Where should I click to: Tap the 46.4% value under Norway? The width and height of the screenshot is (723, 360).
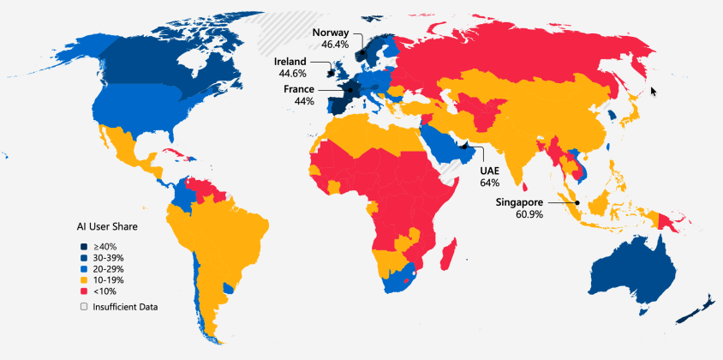pos(335,44)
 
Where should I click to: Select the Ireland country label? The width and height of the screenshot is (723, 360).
pos(290,62)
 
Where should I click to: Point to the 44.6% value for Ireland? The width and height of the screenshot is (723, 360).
pos(293,74)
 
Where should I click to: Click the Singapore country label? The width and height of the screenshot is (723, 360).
pos(518,202)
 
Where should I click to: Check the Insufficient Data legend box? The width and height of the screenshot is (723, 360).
pos(83,306)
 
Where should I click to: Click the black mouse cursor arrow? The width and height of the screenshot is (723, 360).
pos(654,91)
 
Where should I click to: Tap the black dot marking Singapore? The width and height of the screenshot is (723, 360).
pos(577,202)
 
